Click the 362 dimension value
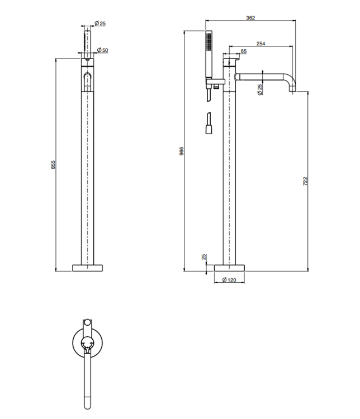[x=250, y=18]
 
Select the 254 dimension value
[x=260, y=44]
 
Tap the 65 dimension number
[x=244, y=51]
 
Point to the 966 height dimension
[x=181, y=151]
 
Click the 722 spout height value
[x=305, y=181]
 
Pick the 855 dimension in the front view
[x=53, y=164]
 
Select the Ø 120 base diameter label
[x=229, y=280]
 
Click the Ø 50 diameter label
[x=102, y=50]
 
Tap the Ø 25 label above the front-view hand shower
[x=100, y=23]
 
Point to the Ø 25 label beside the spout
[x=259, y=89]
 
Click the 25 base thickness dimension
[x=204, y=257]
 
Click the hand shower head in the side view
[x=209, y=55]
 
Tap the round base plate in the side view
[x=230, y=268]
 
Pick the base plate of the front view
[x=87, y=268]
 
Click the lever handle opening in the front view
[x=87, y=82]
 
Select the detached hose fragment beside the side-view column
[x=209, y=123]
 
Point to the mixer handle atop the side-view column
[x=231, y=60]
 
